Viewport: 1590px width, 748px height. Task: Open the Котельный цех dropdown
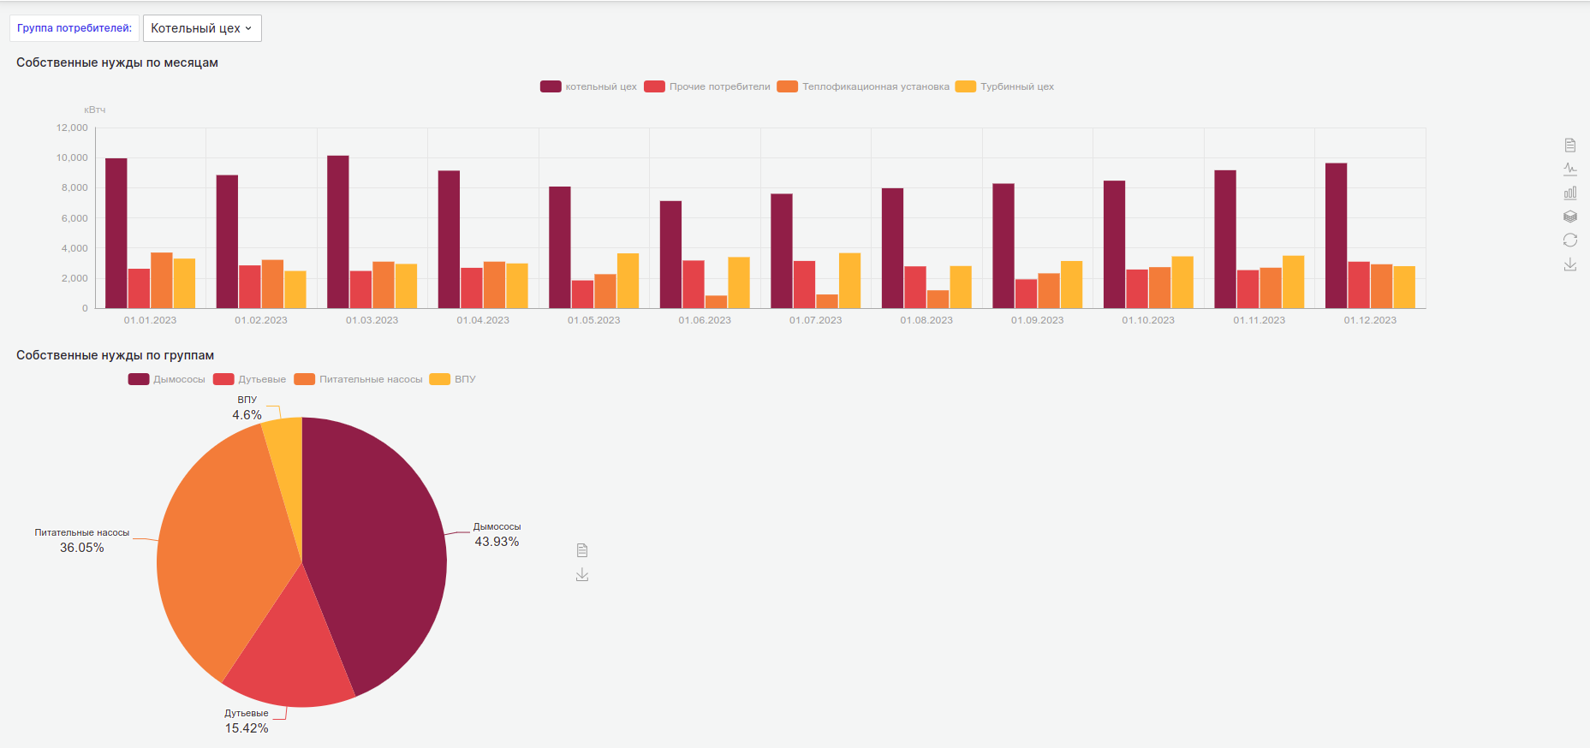[x=202, y=28]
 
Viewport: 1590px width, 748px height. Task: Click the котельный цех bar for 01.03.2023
[x=338, y=231]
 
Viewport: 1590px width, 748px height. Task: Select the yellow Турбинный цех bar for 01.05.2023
[x=628, y=281]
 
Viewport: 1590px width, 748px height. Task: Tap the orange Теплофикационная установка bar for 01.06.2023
[x=716, y=302]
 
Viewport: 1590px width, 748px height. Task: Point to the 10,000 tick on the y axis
[x=72, y=157]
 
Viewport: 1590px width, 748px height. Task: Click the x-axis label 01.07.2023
[x=815, y=320]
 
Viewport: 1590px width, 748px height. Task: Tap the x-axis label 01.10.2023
[x=1148, y=320]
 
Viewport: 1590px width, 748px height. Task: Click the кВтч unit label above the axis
[x=94, y=110]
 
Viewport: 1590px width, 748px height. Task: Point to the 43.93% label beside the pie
[x=497, y=542]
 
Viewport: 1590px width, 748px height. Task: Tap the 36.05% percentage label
[x=81, y=548]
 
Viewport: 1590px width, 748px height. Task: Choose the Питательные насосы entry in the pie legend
[x=370, y=379]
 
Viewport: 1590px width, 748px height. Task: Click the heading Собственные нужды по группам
[x=115, y=355]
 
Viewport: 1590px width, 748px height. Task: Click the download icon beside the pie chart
[x=582, y=574]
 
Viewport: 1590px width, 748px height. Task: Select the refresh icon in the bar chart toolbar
[x=1569, y=240]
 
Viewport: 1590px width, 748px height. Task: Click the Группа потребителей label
[x=74, y=28]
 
